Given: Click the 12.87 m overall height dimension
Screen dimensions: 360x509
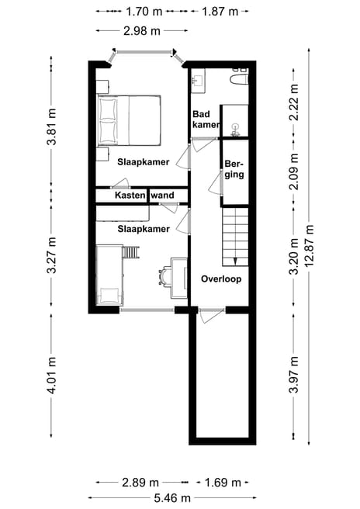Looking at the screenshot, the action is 310,246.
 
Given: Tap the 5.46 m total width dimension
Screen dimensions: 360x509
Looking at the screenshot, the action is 172,497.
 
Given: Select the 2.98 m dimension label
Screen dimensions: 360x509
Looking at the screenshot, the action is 142,31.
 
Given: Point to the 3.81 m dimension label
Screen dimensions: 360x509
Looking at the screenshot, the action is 51,126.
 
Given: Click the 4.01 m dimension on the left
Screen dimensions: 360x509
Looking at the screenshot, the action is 51,376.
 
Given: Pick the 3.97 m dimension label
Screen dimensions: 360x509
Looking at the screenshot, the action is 294,375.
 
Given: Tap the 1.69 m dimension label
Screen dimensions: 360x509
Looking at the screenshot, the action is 223,483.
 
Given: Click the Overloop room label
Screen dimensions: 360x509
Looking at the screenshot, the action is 221,279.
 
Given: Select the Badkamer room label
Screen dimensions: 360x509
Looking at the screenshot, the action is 206,119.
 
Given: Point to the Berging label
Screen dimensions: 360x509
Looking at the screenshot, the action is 234,169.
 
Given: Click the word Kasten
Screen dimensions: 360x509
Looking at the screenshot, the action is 130,196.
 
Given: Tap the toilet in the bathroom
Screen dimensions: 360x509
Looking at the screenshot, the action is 239,79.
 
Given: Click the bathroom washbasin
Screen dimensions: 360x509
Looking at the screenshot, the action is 198,79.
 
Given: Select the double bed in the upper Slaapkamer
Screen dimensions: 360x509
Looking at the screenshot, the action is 130,120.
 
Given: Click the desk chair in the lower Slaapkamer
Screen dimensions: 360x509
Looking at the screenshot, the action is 165,276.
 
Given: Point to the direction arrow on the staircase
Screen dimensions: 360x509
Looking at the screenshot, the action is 235,261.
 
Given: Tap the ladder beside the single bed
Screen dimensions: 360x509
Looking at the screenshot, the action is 131,252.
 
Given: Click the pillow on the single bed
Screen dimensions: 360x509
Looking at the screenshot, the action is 109,295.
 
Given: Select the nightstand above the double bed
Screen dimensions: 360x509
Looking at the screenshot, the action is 102,86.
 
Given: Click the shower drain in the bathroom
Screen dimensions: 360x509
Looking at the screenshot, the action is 235,126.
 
